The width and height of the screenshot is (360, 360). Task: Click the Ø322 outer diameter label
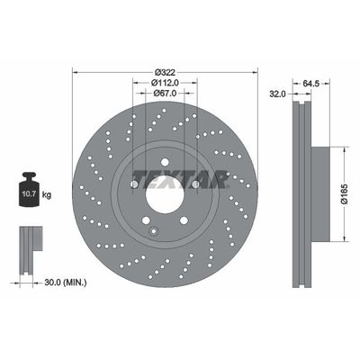(x=164, y=72)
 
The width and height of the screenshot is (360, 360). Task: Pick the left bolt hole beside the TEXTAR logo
(x=134, y=184)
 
